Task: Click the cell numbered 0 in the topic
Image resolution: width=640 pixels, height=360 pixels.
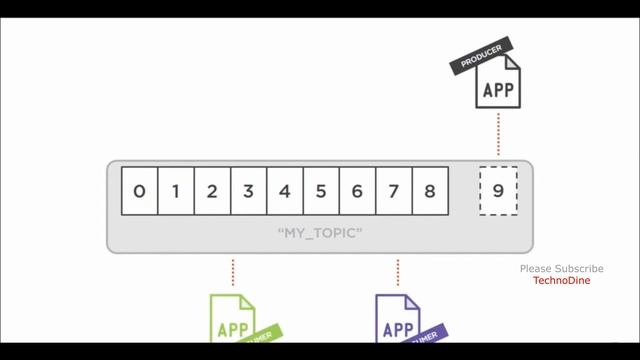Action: point(139,191)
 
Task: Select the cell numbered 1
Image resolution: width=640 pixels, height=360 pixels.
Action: point(176,191)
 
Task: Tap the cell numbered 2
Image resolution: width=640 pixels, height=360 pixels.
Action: point(212,191)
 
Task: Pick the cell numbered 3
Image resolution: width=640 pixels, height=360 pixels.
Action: point(248,191)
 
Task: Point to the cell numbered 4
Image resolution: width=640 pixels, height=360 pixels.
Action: point(285,191)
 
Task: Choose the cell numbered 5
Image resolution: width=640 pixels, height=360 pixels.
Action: point(321,191)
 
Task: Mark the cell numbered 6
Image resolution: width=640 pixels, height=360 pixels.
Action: point(357,191)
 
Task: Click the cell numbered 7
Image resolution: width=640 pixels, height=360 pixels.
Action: point(393,191)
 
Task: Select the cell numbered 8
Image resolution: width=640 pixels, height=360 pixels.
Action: point(429,191)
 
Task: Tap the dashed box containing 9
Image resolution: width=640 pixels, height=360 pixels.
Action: point(498,191)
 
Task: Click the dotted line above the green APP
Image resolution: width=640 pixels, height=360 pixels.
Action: point(233,272)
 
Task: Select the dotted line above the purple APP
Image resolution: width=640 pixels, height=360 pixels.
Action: point(398,272)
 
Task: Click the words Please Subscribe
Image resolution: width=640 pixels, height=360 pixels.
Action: point(561,269)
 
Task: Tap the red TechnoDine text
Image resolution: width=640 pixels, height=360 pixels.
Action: point(561,281)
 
